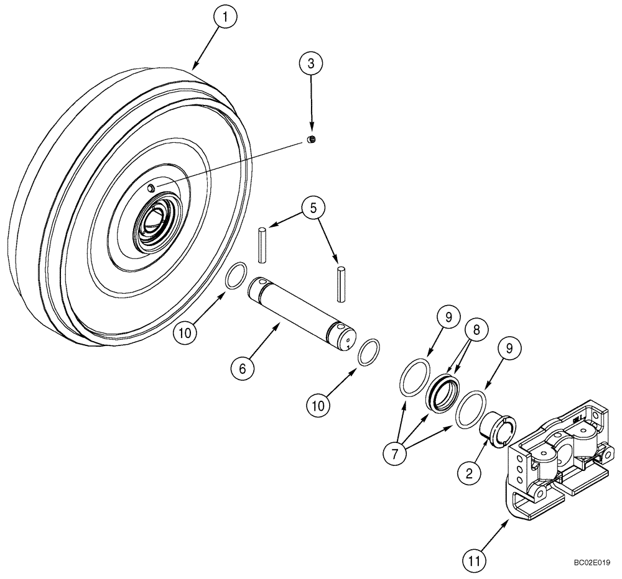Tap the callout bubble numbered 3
(x=311, y=63)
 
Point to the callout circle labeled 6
(x=243, y=368)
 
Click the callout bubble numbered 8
(x=476, y=332)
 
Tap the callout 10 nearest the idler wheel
(x=186, y=333)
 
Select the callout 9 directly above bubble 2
(x=509, y=350)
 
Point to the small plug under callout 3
(x=313, y=140)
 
